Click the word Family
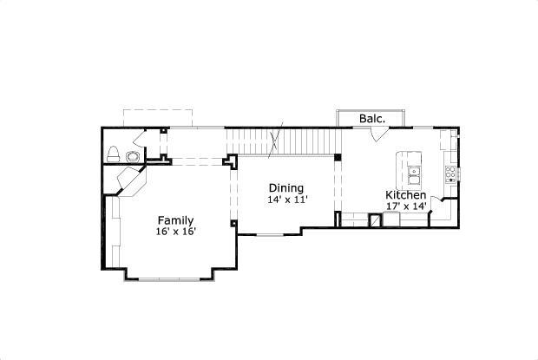pos(175,220)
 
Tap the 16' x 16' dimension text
pos(175,232)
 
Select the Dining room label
pos(285,188)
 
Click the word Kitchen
pos(406,195)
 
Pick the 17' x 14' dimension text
pos(406,206)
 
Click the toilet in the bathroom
pos(113,155)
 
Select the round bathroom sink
pos(132,156)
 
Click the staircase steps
pos(282,140)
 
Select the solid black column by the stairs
pos(338,158)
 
